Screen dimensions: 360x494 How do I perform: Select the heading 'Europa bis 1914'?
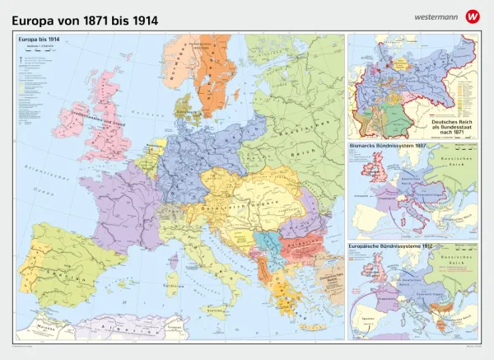pos(37,39)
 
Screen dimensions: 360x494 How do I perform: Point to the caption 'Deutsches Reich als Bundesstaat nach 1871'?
pos(448,126)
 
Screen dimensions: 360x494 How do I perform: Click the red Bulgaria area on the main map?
pos(292,245)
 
